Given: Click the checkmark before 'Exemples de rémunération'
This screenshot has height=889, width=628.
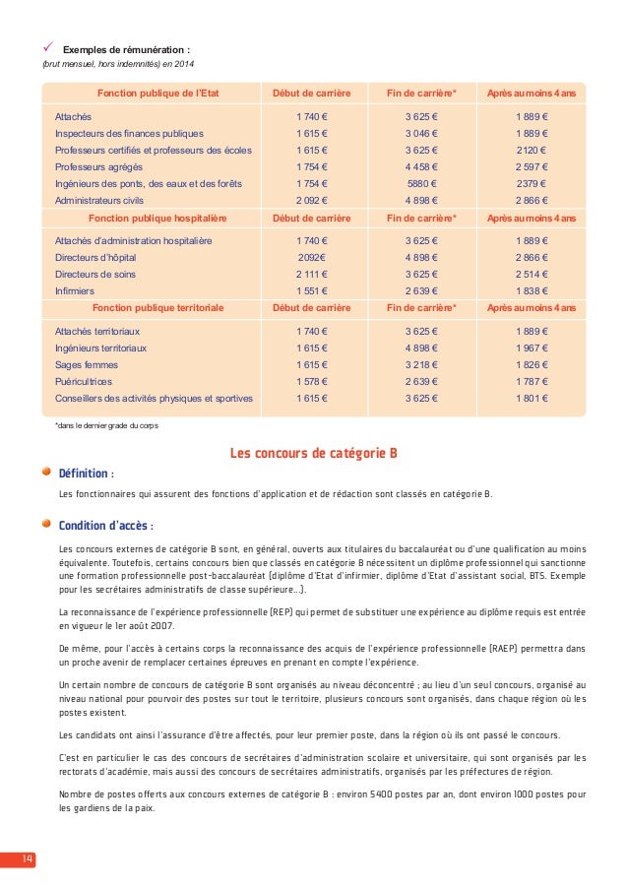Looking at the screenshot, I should tap(46, 48).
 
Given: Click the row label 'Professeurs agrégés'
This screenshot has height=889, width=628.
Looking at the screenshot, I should tap(97, 166).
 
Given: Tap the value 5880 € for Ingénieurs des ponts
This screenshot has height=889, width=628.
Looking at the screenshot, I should tap(422, 183).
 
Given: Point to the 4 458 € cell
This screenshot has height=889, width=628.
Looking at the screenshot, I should tap(422, 166).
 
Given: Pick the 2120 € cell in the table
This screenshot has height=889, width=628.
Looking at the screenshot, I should tap(533, 150).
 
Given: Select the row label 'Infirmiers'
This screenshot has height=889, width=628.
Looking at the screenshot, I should tap(75, 291).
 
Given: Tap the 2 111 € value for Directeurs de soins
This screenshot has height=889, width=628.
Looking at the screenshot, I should tap(312, 275).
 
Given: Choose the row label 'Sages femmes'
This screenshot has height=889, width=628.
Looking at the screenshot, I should tap(87, 364).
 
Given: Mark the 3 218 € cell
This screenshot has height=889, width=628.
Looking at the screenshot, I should tap(422, 364).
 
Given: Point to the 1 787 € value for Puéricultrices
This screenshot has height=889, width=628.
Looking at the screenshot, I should tap(533, 381).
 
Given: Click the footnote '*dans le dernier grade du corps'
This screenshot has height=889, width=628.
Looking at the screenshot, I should tap(105, 425).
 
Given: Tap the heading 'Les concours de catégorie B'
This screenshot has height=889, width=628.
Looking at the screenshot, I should tap(313, 454).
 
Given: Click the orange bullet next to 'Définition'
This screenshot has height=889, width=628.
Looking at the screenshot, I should tap(46, 471).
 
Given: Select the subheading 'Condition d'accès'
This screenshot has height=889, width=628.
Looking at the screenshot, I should tap(105, 524).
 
